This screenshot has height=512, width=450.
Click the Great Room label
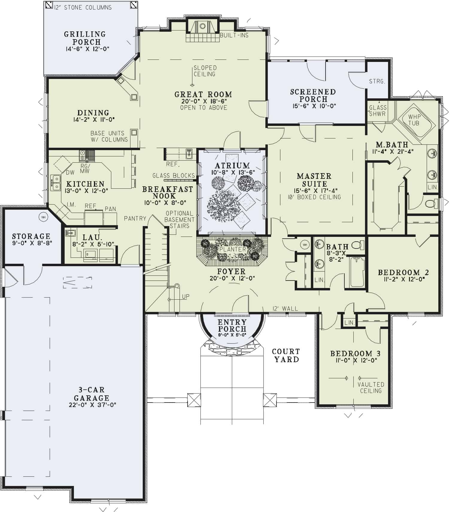[x=203, y=94]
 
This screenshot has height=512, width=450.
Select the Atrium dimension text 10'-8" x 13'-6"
[x=232, y=172]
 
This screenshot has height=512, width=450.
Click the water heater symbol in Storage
[x=43, y=217]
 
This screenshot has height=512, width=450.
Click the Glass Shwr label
[x=378, y=111]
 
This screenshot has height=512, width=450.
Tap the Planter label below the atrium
[x=232, y=249]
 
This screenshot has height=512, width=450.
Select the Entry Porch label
[x=232, y=325]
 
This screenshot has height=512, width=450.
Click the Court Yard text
[x=286, y=355]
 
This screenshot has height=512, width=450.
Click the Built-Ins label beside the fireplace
[x=234, y=35]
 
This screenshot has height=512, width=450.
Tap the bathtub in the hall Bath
[x=357, y=272]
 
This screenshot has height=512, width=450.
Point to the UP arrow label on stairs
[x=186, y=296]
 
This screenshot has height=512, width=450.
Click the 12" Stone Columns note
[x=83, y=7]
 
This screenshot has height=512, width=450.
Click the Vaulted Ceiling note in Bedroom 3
[x=371, y=388]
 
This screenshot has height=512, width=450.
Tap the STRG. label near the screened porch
[x=377, y=81]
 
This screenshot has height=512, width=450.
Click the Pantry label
[x=135, y=219]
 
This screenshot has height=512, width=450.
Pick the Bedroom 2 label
[x=403, y=272]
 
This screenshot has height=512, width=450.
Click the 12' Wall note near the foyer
[x=285, y=308]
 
